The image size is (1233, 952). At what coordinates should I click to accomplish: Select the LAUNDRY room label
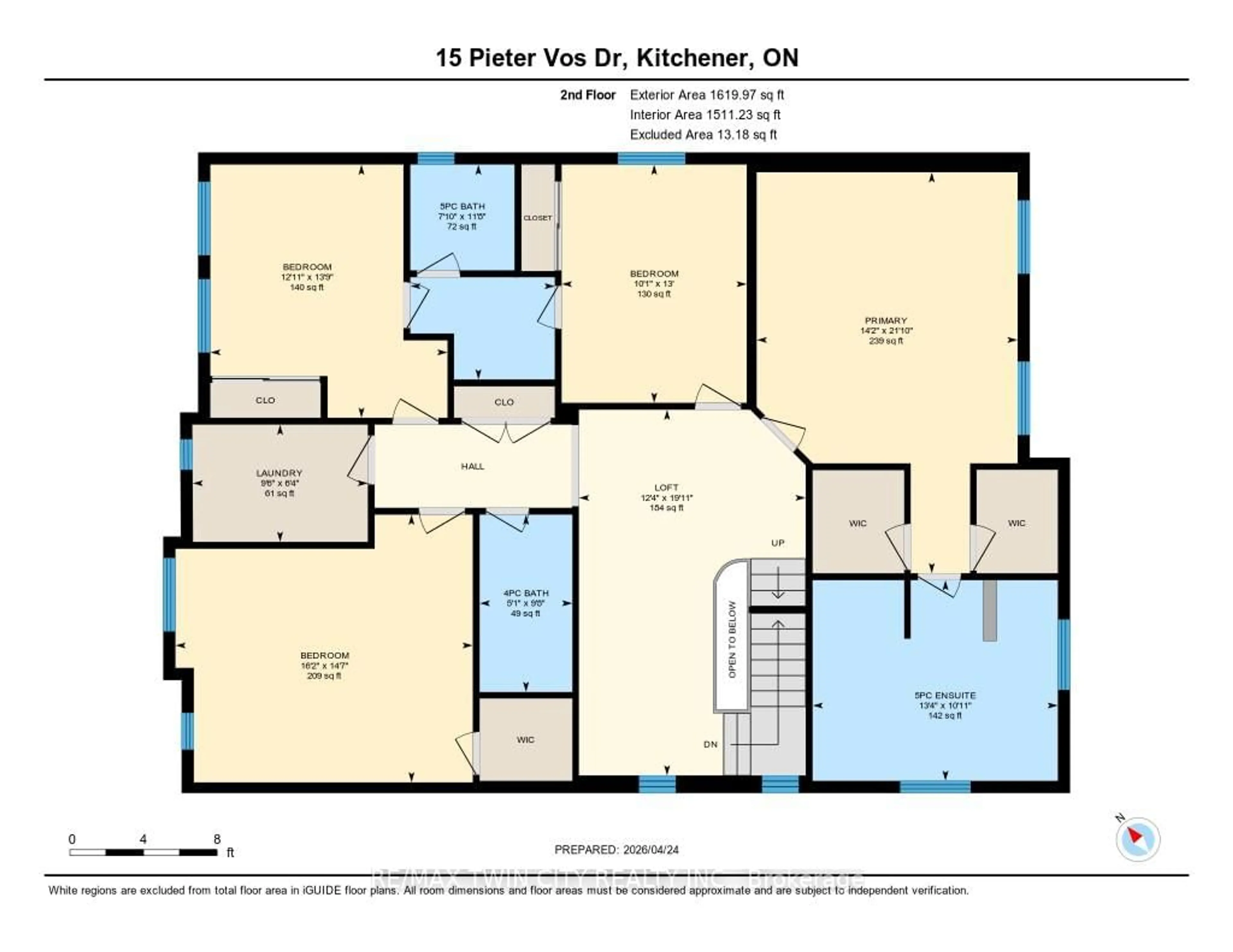click(279, 473)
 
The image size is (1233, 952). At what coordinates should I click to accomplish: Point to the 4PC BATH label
click(526, 593)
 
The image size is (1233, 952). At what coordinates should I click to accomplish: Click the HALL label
click(473, 466)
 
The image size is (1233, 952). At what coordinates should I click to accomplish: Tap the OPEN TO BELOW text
click(732, 639)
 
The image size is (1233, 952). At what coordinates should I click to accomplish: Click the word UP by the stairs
click(778, 543)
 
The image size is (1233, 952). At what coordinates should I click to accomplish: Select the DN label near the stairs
click(710, 744)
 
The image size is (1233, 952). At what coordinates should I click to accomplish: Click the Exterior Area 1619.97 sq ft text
click(707, 95)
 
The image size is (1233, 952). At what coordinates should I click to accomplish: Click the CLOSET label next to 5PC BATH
click(538, 218)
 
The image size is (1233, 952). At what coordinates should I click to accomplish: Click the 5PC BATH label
click(462, 206)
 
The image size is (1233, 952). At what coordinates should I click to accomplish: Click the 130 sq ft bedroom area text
click(654, 294)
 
